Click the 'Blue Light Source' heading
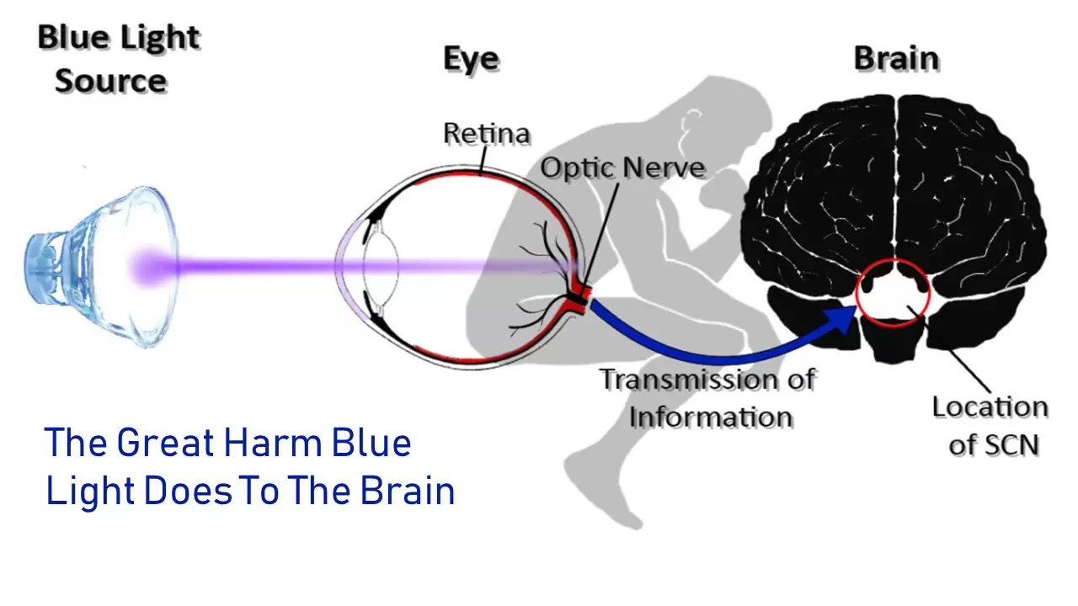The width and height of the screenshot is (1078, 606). pos(118,59)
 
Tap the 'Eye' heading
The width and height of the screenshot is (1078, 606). pos(471,59)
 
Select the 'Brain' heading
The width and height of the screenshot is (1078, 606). pos(896,59)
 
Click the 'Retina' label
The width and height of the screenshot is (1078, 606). pos(487,133)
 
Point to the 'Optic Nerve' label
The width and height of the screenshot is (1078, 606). pos(622,167)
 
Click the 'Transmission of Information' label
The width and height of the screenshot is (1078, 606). pos(707,397)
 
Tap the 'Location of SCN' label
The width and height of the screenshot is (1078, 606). pos(990,425)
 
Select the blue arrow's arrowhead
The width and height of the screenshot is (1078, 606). pos(842,321)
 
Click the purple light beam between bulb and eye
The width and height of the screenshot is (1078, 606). pos(253,267)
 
